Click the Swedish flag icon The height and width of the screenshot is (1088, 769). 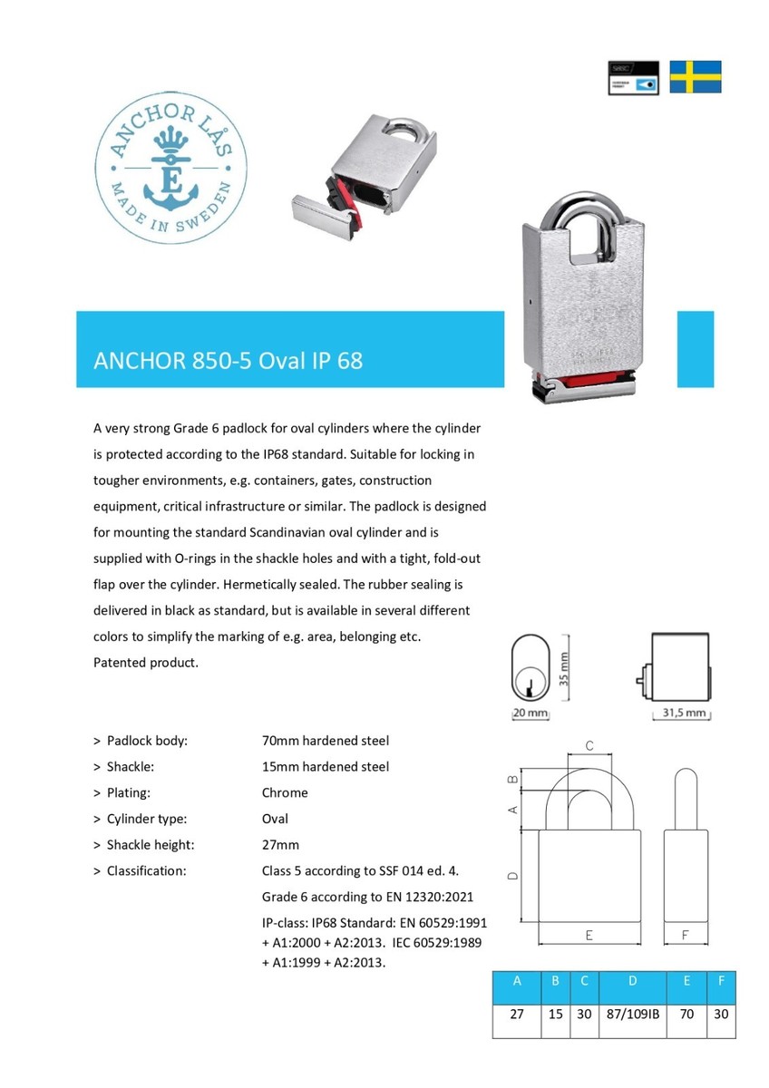pyautogui.click(x=696, y=77)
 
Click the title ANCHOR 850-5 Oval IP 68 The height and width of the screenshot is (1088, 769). pyautogui.click(x=229, y=360)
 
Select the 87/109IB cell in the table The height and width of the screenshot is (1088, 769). pyautogui.click(x=631, y=1015)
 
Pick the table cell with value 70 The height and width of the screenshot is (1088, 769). pyautogui.click(x=686, y=1015)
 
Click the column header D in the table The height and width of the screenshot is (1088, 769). pyautogui.click(x=631, y=981)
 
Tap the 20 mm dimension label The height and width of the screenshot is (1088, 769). pyautogui.click(x=531, y=714)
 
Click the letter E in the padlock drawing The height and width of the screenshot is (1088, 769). pyautogui.click(x=589, y=935)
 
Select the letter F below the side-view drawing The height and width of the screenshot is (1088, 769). pyautogui.click(x=686, y=935)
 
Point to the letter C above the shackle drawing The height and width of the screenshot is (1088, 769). pyautogui.click(x=589, y=746)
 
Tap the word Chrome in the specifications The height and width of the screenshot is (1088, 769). pyautogui.click(x=285, y=792)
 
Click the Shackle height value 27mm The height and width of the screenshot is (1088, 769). pyautogui.click(x=280, y=844)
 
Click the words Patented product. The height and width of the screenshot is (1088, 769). pyautogui.click(x=146, y=662)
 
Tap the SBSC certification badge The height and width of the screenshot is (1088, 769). pyautogui.click(x=632, y=78)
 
